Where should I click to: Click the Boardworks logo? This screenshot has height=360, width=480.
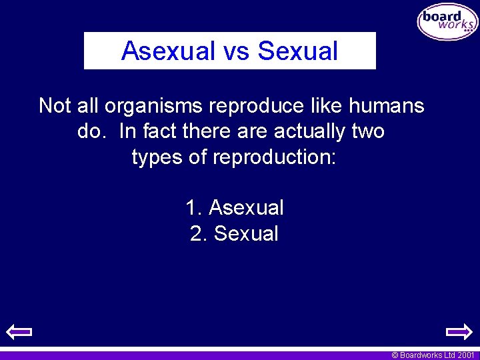447,22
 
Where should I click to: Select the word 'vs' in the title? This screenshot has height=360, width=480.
237,51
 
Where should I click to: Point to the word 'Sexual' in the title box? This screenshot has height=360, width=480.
298,51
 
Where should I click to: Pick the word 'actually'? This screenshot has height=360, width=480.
308,131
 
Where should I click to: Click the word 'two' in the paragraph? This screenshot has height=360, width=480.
368,131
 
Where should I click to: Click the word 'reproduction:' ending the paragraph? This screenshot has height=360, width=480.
275,157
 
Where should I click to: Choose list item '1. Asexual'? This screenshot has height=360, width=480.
235,208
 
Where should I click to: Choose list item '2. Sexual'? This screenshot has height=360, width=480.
234,234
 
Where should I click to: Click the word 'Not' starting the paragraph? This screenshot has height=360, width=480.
54,106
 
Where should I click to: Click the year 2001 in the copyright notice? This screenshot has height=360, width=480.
465,355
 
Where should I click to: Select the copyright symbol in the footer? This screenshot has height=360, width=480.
395,355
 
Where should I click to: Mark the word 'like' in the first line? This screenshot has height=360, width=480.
331,106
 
